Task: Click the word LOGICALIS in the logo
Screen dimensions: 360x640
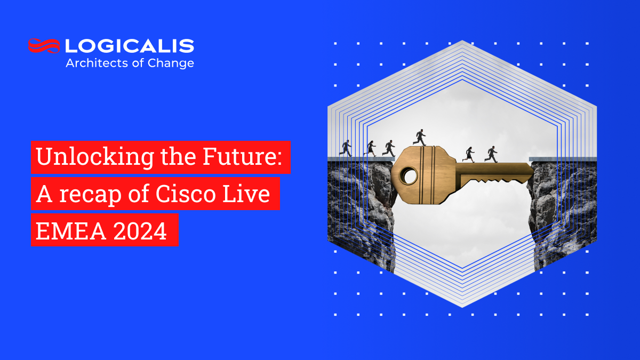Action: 130,46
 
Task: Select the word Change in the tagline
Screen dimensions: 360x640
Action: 175,63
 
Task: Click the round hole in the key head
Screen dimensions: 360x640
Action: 409,174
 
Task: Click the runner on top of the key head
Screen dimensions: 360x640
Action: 420,137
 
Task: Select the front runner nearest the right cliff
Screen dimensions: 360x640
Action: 491,154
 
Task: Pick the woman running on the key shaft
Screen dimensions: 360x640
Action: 469,155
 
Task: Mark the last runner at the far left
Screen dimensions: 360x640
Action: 346,148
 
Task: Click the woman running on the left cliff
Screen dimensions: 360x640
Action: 370,148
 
